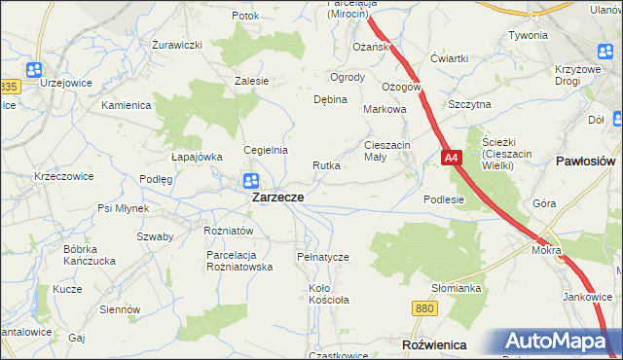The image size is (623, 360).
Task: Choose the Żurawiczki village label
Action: coord(177,45)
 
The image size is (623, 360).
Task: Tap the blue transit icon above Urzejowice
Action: coord(34,69)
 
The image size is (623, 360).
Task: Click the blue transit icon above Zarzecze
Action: coord(250,180)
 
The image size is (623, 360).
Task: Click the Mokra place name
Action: coord(546,250)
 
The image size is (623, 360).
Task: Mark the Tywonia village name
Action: coord(528,35)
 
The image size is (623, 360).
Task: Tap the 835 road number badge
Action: coord(9,88)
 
